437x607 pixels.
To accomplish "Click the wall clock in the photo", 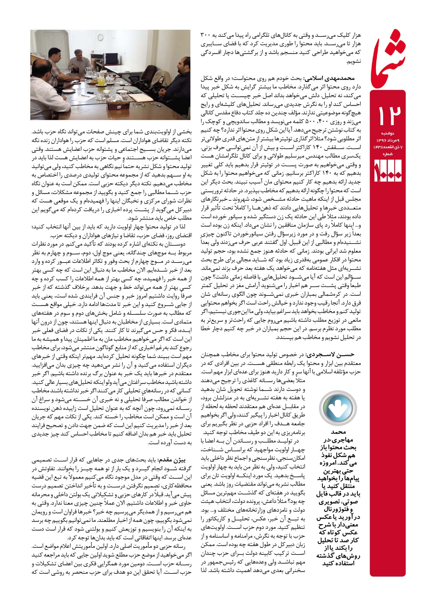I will (101, 37).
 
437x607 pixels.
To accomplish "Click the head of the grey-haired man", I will (78, 54).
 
